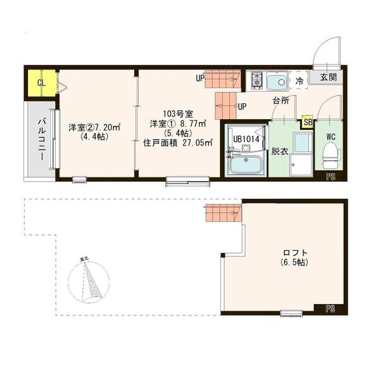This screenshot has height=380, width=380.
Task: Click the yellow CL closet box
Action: (41, 83)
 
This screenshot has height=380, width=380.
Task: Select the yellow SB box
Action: (308, 122)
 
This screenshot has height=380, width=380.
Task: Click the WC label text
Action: (331, 136)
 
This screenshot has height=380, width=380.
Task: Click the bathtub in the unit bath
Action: (244, 166)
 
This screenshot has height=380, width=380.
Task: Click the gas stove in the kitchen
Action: (257, 80)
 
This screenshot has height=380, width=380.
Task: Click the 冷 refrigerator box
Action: (298, 81)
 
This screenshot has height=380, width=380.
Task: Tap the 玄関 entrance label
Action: (327, 78)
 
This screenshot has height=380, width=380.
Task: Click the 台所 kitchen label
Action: (281, 101)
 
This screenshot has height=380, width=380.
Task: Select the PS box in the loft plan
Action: (330, 309)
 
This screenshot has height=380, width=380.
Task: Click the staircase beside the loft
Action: (223, 213)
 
